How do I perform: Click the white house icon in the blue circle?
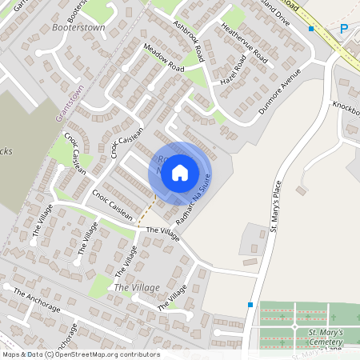180,172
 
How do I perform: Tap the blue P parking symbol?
344,30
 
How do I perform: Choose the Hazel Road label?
231,71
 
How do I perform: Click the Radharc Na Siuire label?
195,197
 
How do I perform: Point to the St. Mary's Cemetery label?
326,337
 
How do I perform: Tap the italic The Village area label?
137,286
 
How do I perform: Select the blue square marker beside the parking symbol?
311,29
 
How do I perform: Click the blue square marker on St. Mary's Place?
251,304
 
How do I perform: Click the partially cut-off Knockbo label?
347,107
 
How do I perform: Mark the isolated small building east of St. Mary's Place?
301,190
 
